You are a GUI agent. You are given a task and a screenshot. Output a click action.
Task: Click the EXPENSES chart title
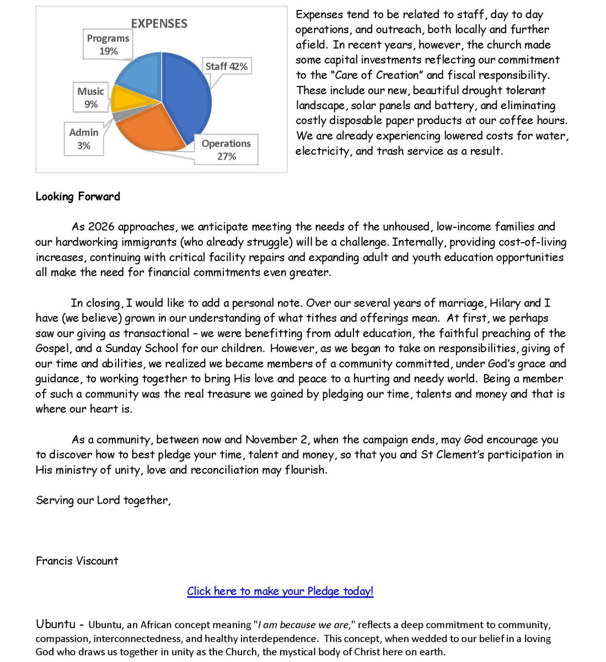tap(159, 23)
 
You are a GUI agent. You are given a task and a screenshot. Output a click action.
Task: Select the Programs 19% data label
tap(108, 44)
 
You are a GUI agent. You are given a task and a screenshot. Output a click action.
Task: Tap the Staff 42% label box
tap(226, 66)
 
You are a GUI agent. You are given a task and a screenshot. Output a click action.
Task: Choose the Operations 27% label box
tap(226, 150)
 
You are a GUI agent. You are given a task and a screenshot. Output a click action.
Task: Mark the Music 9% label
tap(90, 98)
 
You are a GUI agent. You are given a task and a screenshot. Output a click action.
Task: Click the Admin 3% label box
tap(84, 138)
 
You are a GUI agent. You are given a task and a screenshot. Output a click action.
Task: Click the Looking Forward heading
tap(78, 196)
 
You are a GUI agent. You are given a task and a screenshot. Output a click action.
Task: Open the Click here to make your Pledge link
tap(280, 591)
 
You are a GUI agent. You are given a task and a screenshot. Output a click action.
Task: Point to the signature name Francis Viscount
tap(77, 560)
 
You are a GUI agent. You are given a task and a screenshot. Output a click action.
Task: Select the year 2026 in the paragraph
tap(101, 227)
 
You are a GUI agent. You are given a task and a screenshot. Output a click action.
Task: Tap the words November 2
tap(276, 440)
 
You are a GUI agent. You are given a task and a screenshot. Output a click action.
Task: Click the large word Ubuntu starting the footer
tap(56, 624)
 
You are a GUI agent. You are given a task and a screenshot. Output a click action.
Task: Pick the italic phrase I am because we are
tap(303, 625)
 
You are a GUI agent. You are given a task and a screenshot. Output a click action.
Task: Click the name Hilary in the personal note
tap(505, 303)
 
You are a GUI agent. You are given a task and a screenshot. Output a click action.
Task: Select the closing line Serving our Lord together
tap(103, 500)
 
